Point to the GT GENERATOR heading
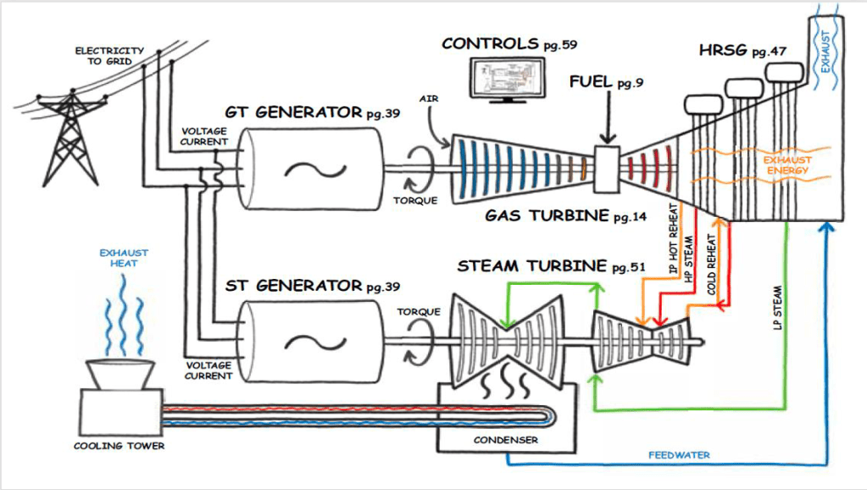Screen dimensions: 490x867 tap(293, 112)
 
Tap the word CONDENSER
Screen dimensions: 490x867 tap(505, 440)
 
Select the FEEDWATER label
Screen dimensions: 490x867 tap(679, 455)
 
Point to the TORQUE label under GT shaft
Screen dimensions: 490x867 tap(415, 200)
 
